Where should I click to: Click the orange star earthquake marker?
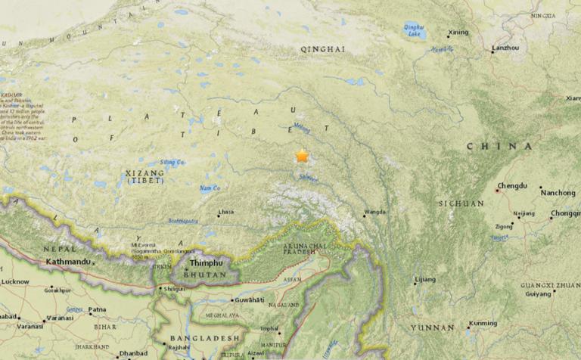pos(302,156)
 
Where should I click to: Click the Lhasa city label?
pos(225,213)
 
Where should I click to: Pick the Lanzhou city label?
pos(505,48)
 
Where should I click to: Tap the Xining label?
pos(458,33)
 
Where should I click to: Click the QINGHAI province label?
pos(322,49)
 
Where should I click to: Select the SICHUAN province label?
pos(461,203)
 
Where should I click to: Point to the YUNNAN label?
pos(432,327)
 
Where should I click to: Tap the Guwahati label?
pos(249,300)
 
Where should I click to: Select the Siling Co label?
pos(172,162)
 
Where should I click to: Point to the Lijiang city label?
pos(425,280)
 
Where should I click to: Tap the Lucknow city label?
pos(16,281)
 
